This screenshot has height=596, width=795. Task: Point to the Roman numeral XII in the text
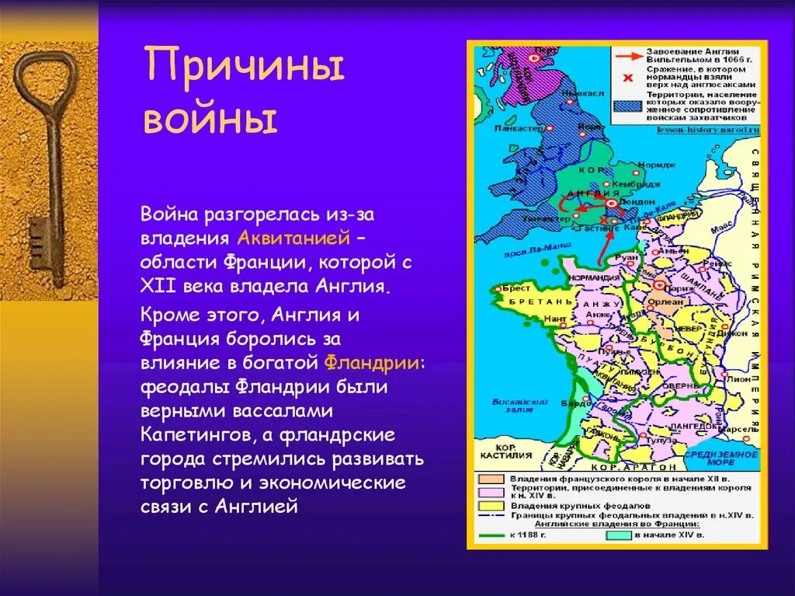coord(160,285)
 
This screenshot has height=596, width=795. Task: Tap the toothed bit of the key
coord(40,242)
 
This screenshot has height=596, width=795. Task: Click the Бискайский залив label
coord(510,406)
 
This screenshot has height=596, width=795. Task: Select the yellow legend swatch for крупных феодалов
coord(492,504)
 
